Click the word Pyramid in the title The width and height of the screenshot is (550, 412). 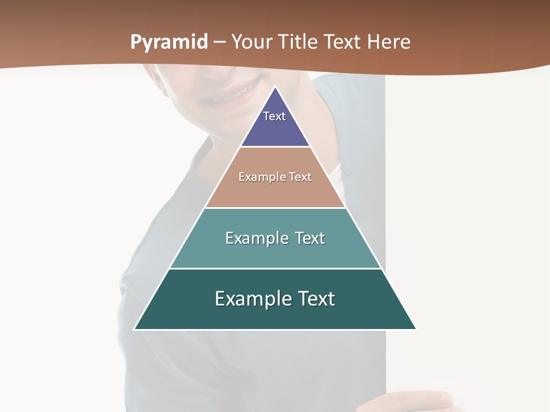pos(169,42)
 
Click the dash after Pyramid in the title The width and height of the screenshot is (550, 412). pos(219,43)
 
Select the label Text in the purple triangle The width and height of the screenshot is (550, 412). pos(274,116)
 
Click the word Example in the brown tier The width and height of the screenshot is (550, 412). pos(257,177)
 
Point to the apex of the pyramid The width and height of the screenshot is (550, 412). pos(275,88)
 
